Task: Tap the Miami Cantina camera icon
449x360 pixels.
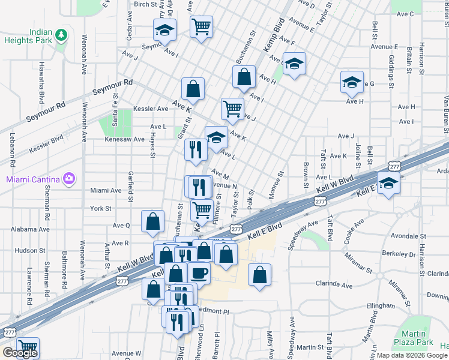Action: (70, 179)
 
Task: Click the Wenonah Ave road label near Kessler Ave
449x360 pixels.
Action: (84, 121)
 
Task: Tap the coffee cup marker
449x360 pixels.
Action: (199, 272)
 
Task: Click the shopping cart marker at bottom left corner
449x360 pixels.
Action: (28, 347)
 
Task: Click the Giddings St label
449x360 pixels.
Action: (390, 70)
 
